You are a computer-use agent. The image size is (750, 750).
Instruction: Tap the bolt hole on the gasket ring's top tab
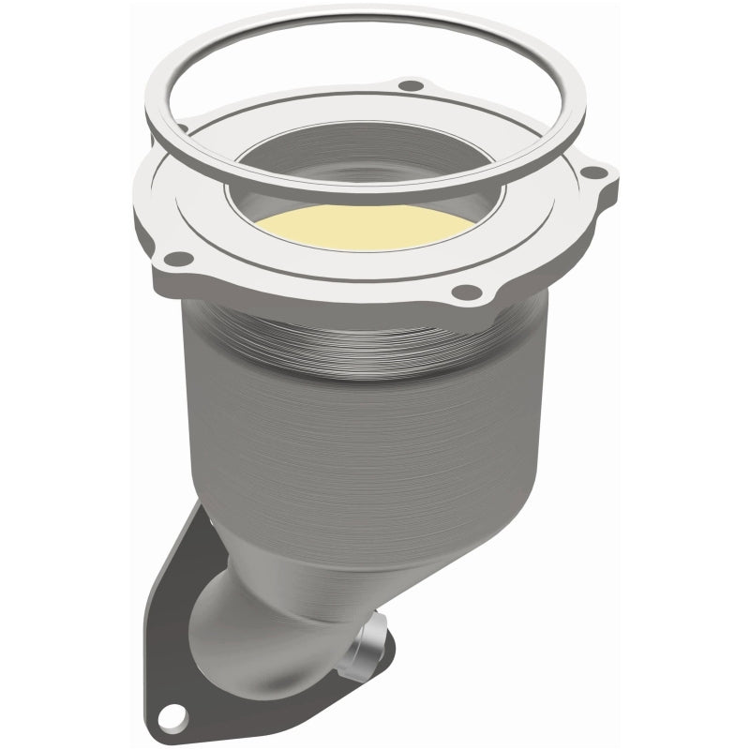pos(406,87)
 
